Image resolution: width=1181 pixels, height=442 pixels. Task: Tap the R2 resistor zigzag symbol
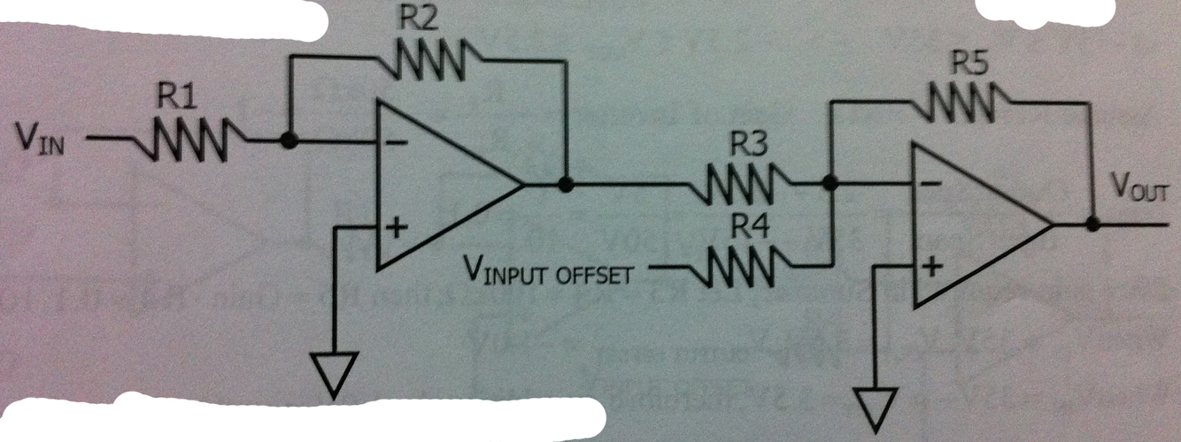pos(428,61)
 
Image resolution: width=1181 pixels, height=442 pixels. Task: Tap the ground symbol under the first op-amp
pos(336,372)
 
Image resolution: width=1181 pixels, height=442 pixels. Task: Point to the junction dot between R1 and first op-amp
pos(288,141)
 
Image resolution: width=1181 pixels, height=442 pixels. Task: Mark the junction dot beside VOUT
pos(1094,225)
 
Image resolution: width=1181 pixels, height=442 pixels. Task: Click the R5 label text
pos(971,64)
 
